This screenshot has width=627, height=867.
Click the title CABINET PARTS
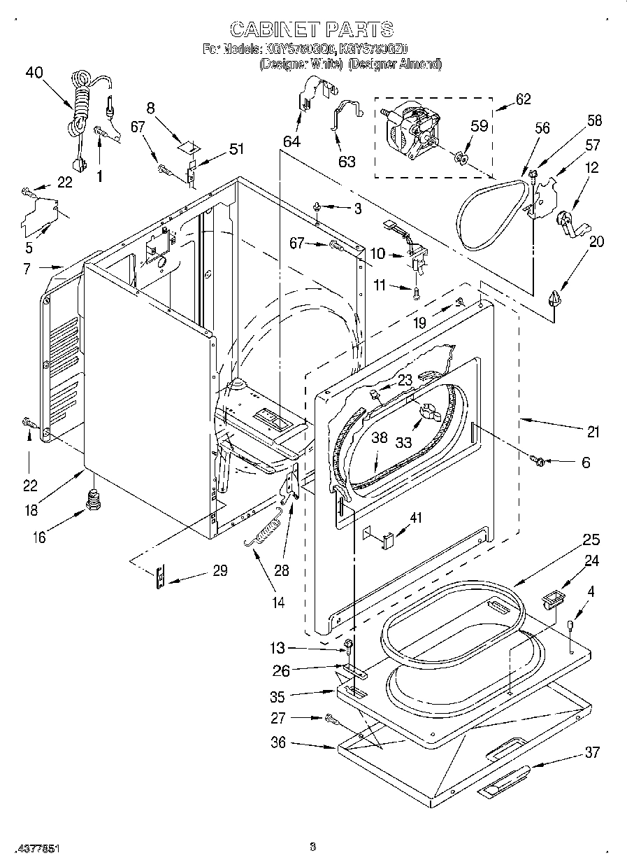pyautogui.click(x=311, y=29)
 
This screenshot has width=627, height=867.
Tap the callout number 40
pyautogui.click(x=34, y=72)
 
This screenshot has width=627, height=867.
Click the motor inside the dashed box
pyautogui.click(x=408, y=130)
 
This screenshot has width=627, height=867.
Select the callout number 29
pyautogui.click(x=219, y=571)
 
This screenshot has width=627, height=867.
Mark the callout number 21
pyautogui.click(x=593, y=432)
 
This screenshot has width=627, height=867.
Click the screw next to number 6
pyautogui.click(x=538, y=460)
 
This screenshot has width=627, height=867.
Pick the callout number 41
pyautogui.click(x=416, y=519)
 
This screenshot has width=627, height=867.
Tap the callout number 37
pyautogui.click(x=592, y=752)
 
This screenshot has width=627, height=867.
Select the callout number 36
pyautogui.click(x=278, y=742)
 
